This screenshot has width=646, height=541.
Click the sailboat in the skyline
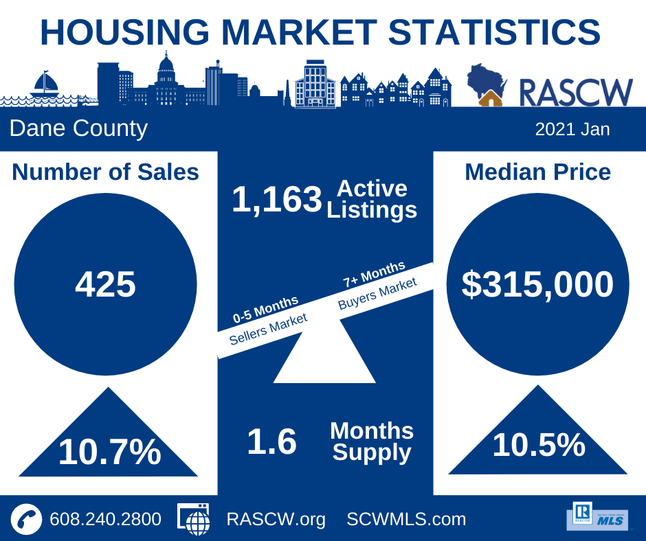pos(45,84)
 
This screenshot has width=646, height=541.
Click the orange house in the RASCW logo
pos(490,98)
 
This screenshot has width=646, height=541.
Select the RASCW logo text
pos(575,93)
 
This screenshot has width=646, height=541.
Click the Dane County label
pos(78,128)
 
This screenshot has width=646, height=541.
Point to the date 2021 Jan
pos(572,129)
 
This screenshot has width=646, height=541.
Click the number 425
pos(105,284)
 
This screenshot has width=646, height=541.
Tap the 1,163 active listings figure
pos(277,199)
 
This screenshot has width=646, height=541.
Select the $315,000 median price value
pos(537,284)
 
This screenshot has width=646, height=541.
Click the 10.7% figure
pos(109,452)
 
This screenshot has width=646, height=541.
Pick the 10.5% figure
pos(539,445)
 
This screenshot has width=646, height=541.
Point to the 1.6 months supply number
pos(272,441)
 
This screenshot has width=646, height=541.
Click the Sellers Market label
pos(268,329)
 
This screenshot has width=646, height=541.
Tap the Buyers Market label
pos(377,293)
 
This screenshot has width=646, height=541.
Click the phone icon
pos(26,519)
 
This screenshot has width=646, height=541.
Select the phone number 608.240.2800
pos(105,519)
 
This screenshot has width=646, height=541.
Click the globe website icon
pos(194,519)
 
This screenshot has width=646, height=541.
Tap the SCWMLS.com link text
pos(406,519)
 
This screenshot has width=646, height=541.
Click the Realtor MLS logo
pos(598,516)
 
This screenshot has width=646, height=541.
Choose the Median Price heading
pos(537,172)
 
